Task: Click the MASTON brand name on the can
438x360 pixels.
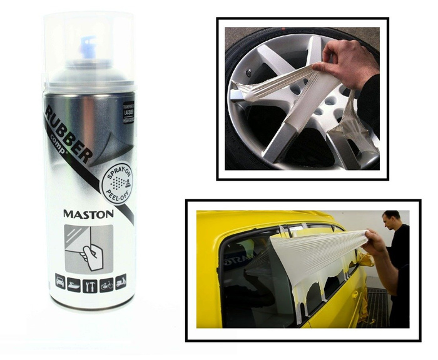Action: pyautogui.click(x=88, y=214)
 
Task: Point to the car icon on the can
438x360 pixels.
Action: pyautogui.click(x=61, y=281)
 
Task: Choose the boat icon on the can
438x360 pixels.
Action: pyautogui.click(x=74, y=281)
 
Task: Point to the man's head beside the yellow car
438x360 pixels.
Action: pyautogui.click(x=391, y=221)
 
